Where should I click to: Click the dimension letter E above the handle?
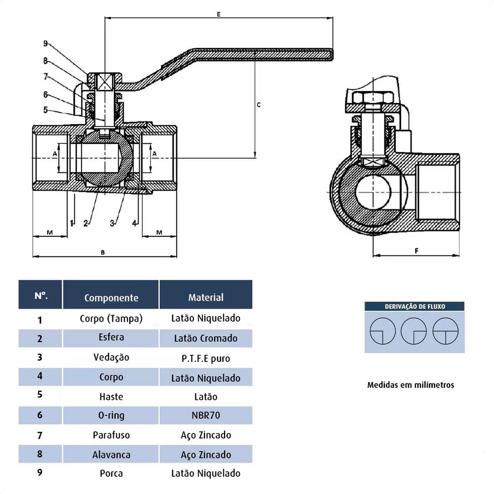219,14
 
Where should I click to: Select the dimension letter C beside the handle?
259,104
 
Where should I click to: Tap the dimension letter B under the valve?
103,252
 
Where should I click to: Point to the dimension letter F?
416,250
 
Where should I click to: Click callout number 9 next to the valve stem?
45,43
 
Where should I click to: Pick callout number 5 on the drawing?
45,110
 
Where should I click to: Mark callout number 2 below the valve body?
86,223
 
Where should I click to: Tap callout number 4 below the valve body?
135,223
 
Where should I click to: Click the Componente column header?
111,298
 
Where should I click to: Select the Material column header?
206,297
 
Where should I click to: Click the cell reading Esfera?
111,337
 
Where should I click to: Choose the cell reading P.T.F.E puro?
206,358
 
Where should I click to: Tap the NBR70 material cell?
206,415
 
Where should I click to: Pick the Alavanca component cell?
111,454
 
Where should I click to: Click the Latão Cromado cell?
206,338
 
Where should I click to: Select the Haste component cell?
111,397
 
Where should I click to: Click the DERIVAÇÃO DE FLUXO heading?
414,306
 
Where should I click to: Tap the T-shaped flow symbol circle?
445,331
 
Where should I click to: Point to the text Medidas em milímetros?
411,385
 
